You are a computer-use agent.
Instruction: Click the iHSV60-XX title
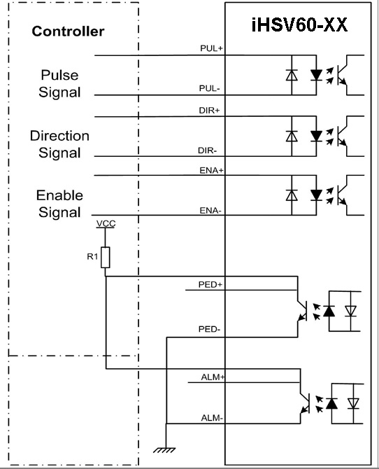(x=299, y=24)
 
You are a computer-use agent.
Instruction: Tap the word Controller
(x=68, y=31)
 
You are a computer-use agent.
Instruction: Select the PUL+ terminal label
(x=212, y=48)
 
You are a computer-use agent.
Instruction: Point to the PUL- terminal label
(x=210, y=88)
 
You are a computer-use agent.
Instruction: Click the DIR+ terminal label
(x=209, y=111)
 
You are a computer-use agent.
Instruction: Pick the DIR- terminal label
(x=207, y=150)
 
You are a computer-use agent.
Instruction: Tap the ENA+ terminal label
(x=212, y=171)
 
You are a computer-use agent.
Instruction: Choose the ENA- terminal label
(x=210, y=211)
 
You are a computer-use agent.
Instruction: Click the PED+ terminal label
(x=210, y=284)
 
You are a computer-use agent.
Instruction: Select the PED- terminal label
(x=209, y=329)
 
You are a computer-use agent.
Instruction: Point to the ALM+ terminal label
(x=213, y=377)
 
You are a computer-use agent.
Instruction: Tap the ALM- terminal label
(x=212, y=418)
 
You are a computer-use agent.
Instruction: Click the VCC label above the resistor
(x=106, y=224)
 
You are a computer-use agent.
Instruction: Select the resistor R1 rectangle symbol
(x=105, y=257)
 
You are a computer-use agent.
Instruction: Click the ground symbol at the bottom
(x=164, y=450)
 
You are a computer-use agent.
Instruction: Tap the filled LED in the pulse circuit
(x=316, y=75)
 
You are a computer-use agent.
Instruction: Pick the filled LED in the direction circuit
(x=316, y=136)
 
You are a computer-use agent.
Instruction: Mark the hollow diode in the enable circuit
(x=292, y=195)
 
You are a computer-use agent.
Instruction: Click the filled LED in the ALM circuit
(x=331, y=404)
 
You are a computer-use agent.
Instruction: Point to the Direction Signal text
(x=59, y=144)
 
